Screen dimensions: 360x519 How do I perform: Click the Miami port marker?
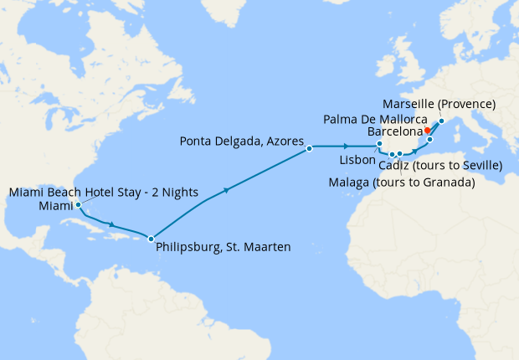click(77, 204)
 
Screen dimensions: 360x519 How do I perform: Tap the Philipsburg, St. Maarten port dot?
click(151, 239)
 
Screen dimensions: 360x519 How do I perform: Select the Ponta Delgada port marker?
click(309, 148)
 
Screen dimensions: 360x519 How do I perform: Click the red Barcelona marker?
click(427, 131)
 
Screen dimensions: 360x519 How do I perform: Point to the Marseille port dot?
click(441, 121)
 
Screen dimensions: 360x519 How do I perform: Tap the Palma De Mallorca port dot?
click(429, 139)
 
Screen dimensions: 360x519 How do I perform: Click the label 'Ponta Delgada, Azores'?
click(239, 141)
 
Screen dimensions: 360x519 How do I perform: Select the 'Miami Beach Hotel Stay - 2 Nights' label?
click(104, 193)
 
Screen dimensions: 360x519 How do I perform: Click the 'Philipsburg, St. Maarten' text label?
click(223, 247)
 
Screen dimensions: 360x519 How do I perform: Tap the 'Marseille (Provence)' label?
click(439, 104)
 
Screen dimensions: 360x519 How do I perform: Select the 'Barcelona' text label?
click(394, 132)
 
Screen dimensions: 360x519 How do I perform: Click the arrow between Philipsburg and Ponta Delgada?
click(225, 192)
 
